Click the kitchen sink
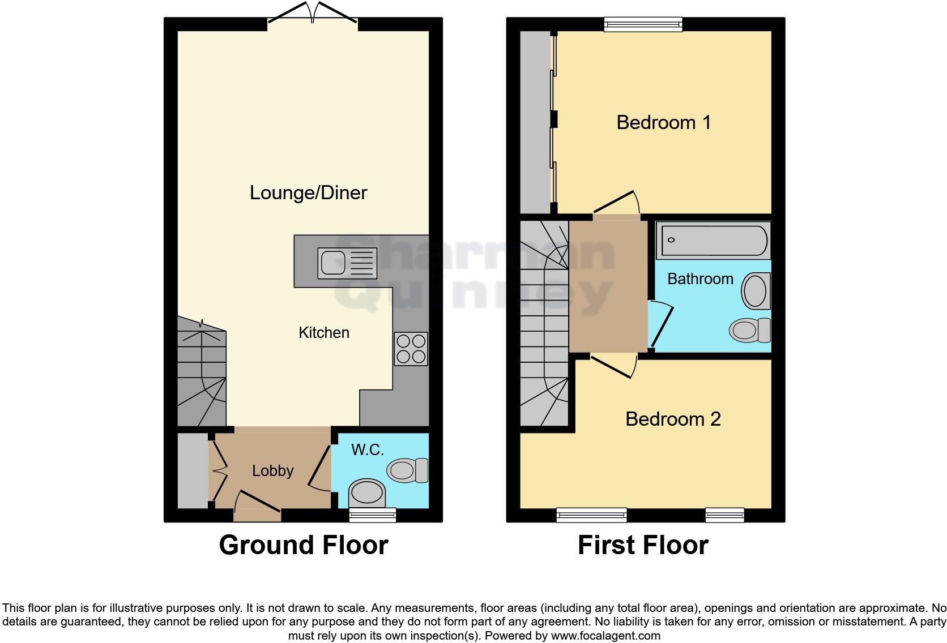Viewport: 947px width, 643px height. point(347,263)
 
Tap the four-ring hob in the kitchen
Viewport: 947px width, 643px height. point(411,349)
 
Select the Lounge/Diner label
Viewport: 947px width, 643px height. point(308,193)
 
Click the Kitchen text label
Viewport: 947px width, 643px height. point(323,332)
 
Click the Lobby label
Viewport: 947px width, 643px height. point(272,470)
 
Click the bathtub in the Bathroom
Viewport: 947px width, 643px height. point(713,241)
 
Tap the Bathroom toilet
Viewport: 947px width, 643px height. point(749,330)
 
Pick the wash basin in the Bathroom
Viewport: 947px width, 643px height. point(756,291)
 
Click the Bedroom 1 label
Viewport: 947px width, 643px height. point(663,122)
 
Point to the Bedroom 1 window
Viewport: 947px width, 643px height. point(643,24)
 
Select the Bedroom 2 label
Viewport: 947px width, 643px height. point(672,419)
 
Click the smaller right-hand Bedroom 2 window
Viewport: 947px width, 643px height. point(724,514)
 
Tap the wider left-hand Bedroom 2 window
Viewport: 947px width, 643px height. point(591,514)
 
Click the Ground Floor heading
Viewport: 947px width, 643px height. point(304,545)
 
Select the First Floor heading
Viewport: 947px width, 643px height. point(643,545)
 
